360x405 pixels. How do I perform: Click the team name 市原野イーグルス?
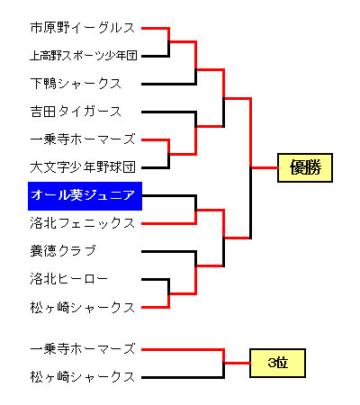83,28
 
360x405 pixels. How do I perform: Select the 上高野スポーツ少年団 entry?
84,56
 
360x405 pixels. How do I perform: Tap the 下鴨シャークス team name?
76,84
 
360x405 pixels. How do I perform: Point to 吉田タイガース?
76,112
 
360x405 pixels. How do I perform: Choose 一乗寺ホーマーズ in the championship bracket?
83,139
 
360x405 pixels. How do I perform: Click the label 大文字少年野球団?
83,167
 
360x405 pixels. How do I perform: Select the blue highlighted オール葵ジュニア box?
85,196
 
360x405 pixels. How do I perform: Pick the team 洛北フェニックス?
83,223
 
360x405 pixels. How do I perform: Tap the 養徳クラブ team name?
63,251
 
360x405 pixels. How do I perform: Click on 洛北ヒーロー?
68,279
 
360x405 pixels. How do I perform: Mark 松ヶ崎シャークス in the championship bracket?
83,308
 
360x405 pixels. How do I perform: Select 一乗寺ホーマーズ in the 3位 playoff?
83,349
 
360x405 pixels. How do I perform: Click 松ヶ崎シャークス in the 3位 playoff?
83,377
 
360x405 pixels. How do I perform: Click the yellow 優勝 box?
305,167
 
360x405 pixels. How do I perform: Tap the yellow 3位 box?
278,363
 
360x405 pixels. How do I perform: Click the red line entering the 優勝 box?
265,167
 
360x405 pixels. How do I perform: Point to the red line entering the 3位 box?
238,363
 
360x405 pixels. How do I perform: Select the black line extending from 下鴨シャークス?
168,84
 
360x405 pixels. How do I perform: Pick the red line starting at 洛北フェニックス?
168,223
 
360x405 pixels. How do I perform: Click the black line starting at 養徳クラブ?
168,251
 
